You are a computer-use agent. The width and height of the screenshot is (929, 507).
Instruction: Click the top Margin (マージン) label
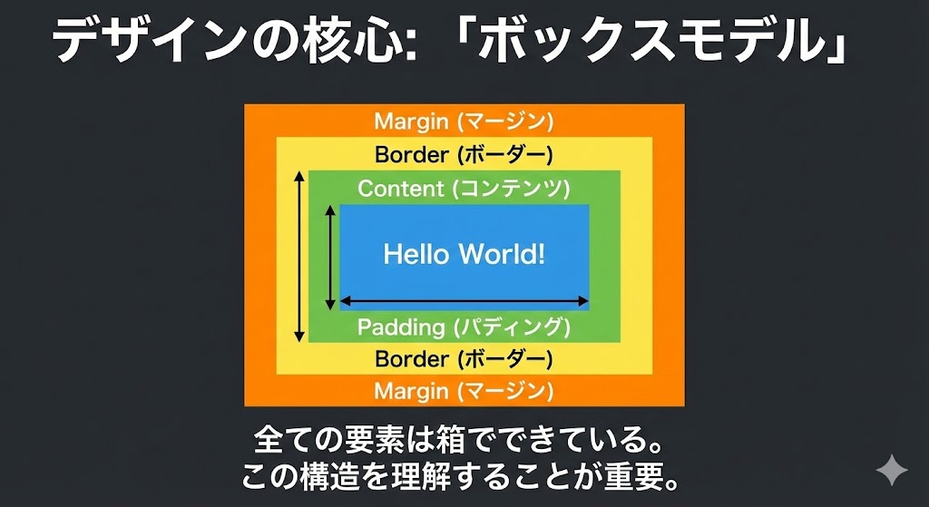[x=464, y=121]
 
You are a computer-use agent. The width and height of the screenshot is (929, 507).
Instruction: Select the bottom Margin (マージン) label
[x=464, y=392]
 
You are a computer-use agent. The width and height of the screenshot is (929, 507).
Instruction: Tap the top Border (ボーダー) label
[x=464, y=154]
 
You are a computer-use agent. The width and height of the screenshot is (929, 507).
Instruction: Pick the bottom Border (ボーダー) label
[x=464, y=359]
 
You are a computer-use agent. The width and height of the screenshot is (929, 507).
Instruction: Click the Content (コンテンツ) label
[x=464, y=189]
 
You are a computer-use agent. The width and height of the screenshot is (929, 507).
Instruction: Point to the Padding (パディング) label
[x=464, y=327]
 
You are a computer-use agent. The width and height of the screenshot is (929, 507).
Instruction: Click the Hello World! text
[x=464, y=253]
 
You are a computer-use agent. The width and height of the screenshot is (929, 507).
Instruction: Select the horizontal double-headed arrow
[x=464, y=300]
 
